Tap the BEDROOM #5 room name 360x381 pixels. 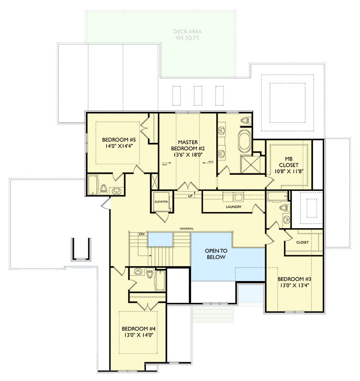(119, 140)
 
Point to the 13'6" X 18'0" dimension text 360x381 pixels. (188, 154)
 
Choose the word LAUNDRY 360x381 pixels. (233, 207)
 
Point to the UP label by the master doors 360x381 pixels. (190, 196)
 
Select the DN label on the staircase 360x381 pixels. (141, 234)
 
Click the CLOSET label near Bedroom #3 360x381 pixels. (302, 242)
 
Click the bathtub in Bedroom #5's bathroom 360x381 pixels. (93, 185)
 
